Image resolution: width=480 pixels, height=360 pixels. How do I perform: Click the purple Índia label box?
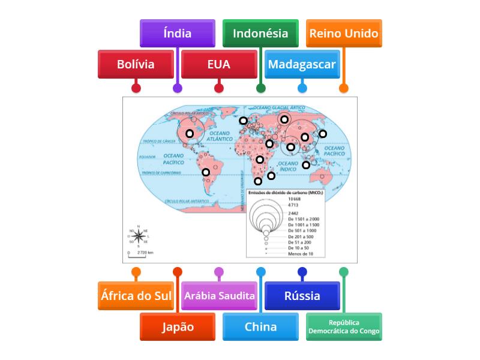(x=177, y=34)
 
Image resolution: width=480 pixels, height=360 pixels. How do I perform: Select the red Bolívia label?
(x=136, y=64)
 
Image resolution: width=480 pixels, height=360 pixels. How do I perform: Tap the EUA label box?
(x=218, y=64)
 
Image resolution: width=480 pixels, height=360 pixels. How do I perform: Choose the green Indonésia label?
(x=260, y=34)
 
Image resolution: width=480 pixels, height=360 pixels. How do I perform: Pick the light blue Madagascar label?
(x=302, y=64)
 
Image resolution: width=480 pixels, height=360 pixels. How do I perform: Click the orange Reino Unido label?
(x=344, y=34)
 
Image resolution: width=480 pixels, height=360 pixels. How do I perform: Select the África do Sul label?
(x=136, y=296)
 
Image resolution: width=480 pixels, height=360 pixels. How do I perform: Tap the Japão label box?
(x=177, y=327)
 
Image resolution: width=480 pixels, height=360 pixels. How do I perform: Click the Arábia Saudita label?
(x=219, y=296)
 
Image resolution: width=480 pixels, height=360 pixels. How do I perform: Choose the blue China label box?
(x=260, y=327)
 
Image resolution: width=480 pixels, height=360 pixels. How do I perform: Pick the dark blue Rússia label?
(x=302, y=296)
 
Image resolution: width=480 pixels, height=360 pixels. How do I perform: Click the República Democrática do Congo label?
(x=344, y=327)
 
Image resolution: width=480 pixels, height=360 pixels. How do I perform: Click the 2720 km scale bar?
(x=142, y=253)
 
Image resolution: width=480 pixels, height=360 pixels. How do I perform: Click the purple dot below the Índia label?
(x=177, y=88)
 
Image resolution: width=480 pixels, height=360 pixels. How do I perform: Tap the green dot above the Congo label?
(x=344, y=272)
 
